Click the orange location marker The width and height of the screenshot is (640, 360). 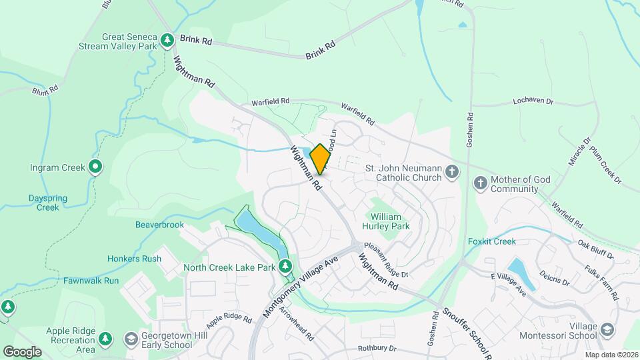[320, 159]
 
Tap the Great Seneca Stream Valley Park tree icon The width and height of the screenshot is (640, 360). [169, 41]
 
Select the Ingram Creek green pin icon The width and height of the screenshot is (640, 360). [95, 167]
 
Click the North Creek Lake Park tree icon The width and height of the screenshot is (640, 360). [285, 267]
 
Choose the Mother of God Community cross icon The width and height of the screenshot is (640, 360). [480, 183]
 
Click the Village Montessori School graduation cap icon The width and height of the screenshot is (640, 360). [607, 330]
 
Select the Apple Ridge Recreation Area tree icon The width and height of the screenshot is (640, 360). [105, 339]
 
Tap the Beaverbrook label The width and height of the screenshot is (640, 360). [159, 225]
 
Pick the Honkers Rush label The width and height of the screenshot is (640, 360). [134, 259]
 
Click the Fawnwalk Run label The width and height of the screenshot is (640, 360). [91, 281]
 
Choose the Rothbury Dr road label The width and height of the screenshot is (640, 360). [377, 348]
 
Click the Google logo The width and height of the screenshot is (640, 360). [22, 351]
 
